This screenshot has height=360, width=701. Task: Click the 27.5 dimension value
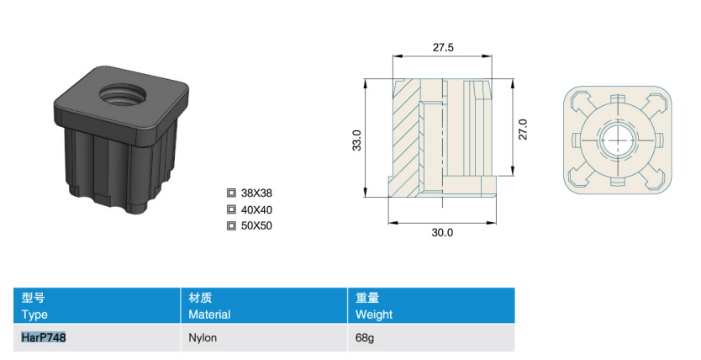point(443,47)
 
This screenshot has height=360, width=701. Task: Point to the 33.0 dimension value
point(356,140)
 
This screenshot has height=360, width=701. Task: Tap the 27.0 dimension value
point(523,130)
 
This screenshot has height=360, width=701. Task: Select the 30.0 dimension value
point(442,232)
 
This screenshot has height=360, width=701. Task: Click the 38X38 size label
point(256,193)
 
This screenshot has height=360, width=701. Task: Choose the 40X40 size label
point(256,209)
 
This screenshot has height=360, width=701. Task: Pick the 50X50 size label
point(256,225)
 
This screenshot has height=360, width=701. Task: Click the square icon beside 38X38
point(231,193)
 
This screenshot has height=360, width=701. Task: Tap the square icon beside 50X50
point(231,225)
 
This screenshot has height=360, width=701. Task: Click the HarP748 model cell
point(44,337)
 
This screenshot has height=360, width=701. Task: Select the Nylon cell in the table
point(203,337)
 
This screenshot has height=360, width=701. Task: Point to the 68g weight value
point(364,337)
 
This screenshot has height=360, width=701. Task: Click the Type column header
point(34,315)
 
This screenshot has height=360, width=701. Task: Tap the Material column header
point(209,315)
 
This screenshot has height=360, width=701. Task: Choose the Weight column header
point(374,315)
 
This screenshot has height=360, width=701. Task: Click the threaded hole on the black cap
point(123,94)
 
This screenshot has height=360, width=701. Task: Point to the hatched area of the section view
point(405,139)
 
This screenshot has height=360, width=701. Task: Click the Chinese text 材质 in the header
point(200,298)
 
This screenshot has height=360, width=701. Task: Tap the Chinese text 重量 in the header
point(367,298)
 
